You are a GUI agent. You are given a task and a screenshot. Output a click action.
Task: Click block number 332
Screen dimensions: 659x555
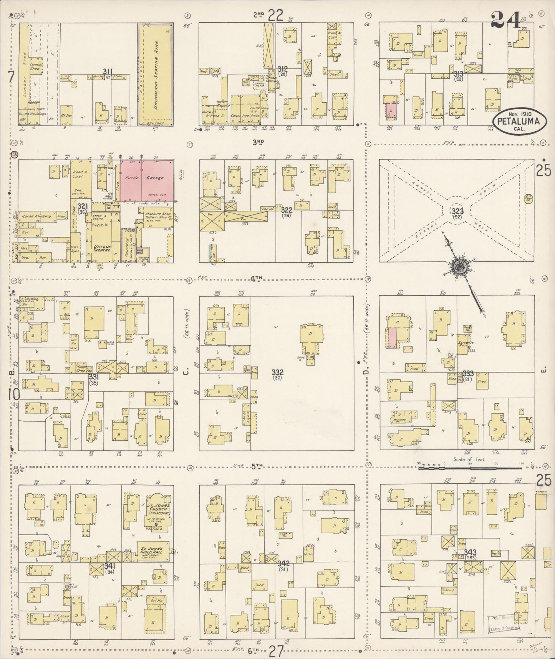coord(277,372)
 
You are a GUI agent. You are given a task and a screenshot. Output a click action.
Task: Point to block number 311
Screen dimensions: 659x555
coord(108,71)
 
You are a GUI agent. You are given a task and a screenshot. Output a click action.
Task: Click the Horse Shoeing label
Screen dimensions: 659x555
coord(36,216)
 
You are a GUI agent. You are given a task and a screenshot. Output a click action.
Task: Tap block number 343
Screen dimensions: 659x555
coord(470,552)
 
